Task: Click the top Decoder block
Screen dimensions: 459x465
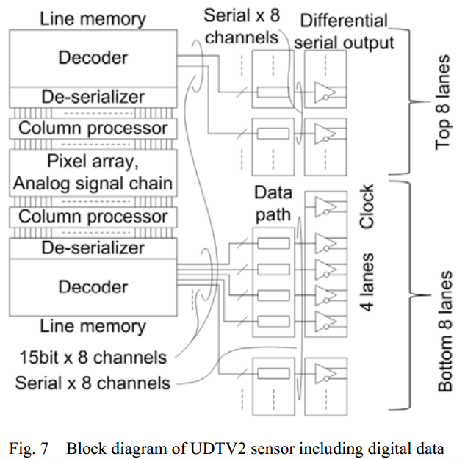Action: (93, 57)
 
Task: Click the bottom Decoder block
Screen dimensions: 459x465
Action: (93, 287)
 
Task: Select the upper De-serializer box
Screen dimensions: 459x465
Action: (93, 96)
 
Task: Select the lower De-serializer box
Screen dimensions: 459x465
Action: (93, 248)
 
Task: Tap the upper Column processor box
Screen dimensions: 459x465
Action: (93, 128)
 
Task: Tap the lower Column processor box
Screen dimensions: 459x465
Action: (93, 217)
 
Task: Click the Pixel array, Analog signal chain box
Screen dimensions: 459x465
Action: (93, 172)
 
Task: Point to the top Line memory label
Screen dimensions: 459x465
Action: (93, 17)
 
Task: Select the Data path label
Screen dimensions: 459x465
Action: (273, 203)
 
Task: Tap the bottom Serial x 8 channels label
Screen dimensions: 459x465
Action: (93, 383)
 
